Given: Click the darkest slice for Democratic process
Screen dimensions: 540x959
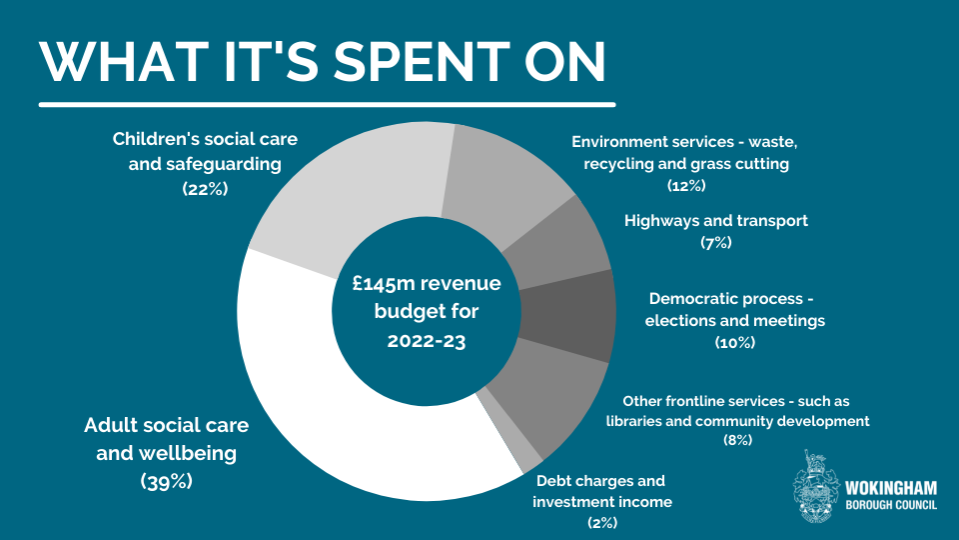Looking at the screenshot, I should click(x=569, y=314).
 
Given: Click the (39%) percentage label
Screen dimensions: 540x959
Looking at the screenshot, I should click(x=166, y=481).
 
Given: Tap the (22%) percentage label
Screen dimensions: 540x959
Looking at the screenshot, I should click(x=205, y=187).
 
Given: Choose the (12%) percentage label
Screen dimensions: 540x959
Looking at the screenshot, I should click(x=686, y=185).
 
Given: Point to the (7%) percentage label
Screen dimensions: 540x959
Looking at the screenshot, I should click(x=715, y=242).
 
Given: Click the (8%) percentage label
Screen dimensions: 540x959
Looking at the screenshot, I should click(x=737, y=440).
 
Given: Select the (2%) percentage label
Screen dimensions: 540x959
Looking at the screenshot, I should click(x=602, y=522).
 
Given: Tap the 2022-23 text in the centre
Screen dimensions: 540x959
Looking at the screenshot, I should click(x=427, y=340).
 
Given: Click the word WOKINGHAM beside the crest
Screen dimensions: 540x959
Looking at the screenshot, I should click(x=891, y=487).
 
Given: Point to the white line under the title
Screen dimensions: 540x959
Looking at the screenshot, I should click(x=327, y=103).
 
